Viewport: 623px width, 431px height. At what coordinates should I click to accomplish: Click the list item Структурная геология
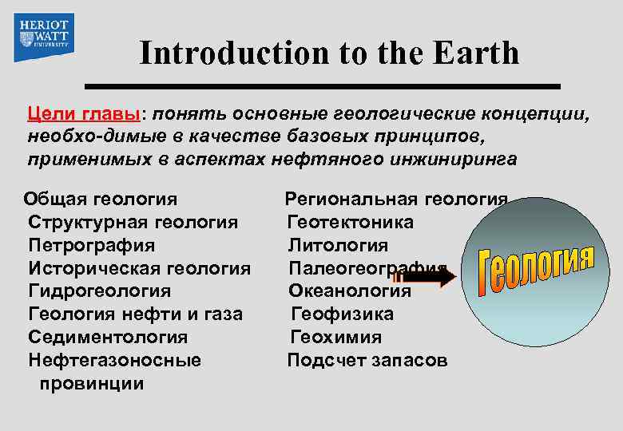(133, 221)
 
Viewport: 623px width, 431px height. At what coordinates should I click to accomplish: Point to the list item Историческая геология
(140, 268)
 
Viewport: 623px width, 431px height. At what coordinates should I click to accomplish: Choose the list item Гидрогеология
(99, 291)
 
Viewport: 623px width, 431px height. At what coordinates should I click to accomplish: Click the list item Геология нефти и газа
(135, 314)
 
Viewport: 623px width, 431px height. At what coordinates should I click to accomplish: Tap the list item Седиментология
(108, 337)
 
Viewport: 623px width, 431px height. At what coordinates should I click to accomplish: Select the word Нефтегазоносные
(115, 360)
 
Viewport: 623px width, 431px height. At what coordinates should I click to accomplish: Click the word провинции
(91, 383)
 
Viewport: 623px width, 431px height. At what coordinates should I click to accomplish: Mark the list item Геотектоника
(351, 221)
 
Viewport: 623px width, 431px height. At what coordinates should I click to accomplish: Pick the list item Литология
(339, 244)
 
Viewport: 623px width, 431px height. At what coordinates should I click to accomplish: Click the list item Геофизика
(342, 314)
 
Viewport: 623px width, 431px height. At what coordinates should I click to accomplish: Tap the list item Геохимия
(336, 337)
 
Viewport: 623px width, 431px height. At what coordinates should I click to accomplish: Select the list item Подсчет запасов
(367, 360)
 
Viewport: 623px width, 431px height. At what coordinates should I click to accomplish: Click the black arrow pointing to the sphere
(428, 277)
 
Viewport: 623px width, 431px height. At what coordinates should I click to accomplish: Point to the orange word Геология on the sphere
(536, 268)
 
